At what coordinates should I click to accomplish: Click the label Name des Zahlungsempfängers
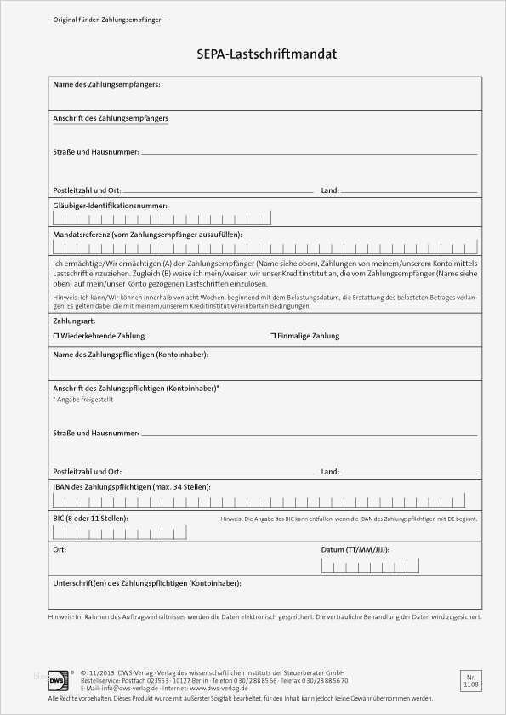106,84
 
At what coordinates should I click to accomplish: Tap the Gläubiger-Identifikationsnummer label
110,206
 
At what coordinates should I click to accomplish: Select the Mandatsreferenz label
147,234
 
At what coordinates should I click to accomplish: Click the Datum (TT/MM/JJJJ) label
355,550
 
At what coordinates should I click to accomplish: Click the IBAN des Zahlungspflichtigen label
131,486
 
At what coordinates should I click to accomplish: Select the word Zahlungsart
74,322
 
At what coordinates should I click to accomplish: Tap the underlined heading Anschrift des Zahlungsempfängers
111,118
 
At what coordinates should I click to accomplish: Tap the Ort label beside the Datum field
59,550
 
